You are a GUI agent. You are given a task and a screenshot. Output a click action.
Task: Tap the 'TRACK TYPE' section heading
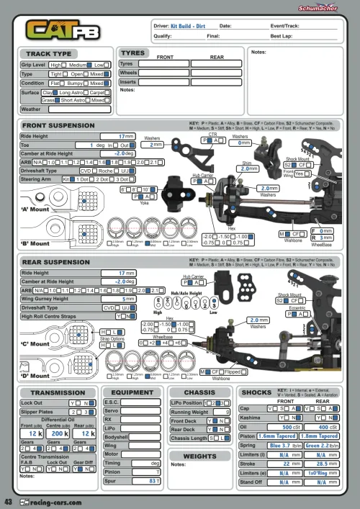tap(49, 54)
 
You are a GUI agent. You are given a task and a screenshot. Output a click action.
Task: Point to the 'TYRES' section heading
tap(133, 53)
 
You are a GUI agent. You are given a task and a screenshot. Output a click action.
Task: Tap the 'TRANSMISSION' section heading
tap(58, 392)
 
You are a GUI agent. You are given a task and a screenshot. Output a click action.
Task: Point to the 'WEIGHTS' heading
tap(199, 456)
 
